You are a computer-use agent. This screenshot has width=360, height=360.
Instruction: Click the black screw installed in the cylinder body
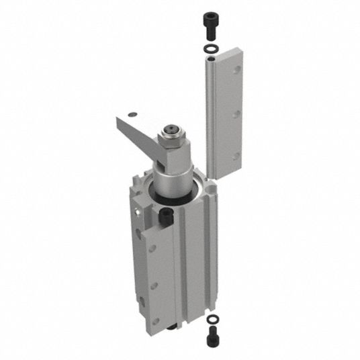pyautogui.click(x=165, y=216)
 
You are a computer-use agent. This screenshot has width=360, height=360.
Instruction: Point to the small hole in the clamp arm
pyautogui.click(x=134, y=114)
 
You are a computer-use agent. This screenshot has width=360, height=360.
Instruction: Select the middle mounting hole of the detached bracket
pyautogui.click(x=236, y=114)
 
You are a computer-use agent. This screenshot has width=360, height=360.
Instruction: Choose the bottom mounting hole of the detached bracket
pyautogui.click(x=235, y=158)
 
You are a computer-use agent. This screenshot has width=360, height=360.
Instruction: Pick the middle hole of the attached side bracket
pyautogui.click(x=153, y=285)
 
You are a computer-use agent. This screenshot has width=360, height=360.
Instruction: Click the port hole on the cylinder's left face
pyautogui.click(x=138, y=213)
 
